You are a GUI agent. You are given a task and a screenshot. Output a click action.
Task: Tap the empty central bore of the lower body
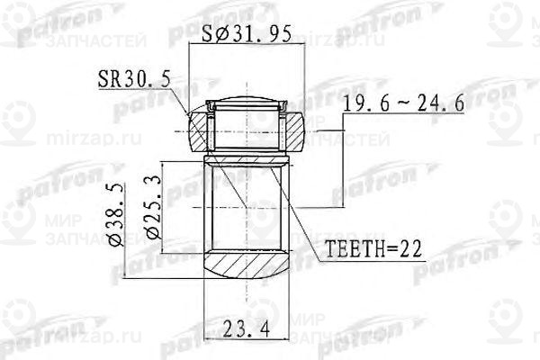[245, 207]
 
